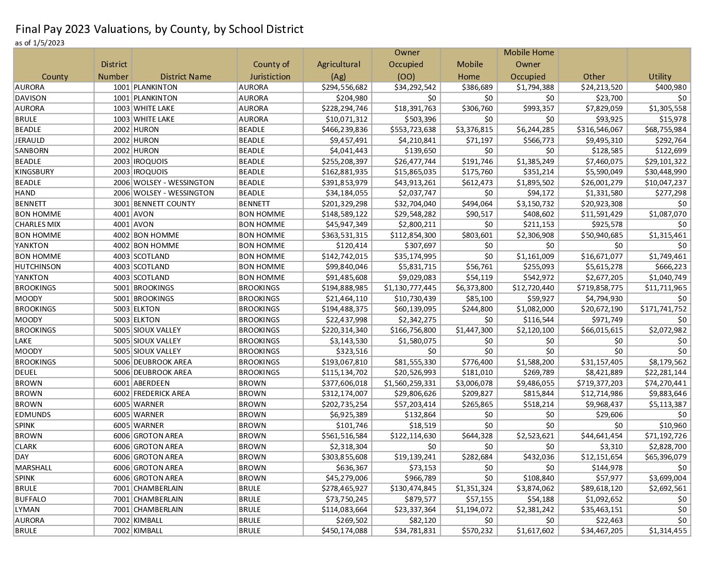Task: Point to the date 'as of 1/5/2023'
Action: pyautogui.click(x=40, y=43)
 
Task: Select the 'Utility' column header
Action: pyautogui.click(x=659, y=76)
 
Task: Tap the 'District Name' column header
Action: pyautogui.click(x=185, y=76)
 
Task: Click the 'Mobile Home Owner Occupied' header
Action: pyautogui.click(x=528, y=64)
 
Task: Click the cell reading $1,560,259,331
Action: pyautogui.click(x=410, y=383)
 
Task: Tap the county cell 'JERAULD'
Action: pyautogui.click(x=30, y=140)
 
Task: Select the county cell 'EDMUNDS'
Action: pyautogui.click(x=33, y=415)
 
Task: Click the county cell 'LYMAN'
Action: pyautogui.click(x=26, y=509)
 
